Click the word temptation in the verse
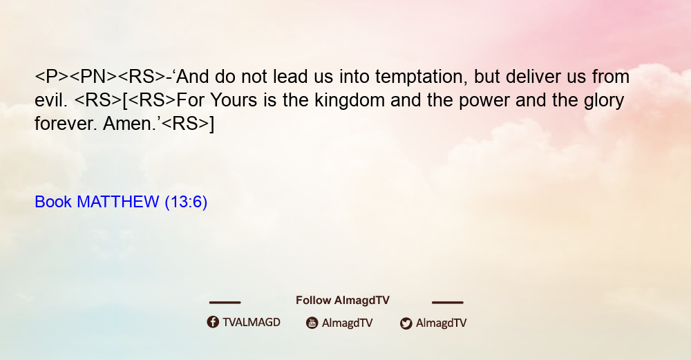tap(420, 77)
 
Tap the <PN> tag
tap(93, 77)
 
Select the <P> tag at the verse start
tap(52, 77)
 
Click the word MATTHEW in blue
tap(117, 202)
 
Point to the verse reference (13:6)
tap(186, 202)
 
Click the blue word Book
tap(53, 202)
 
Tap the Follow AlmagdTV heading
tap(343, 300)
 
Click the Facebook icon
tap(213, 322)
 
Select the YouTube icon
tap(312, 323)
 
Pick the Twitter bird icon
tap(406, 323)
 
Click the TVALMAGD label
tap(252, 322)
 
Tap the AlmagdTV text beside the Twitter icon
tap(441, 323)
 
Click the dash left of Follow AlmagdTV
tap(225, 303)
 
